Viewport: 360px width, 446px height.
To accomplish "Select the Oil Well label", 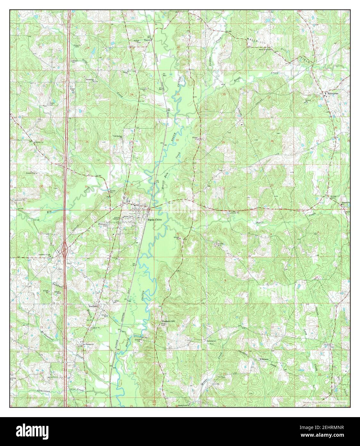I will [164, 74].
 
